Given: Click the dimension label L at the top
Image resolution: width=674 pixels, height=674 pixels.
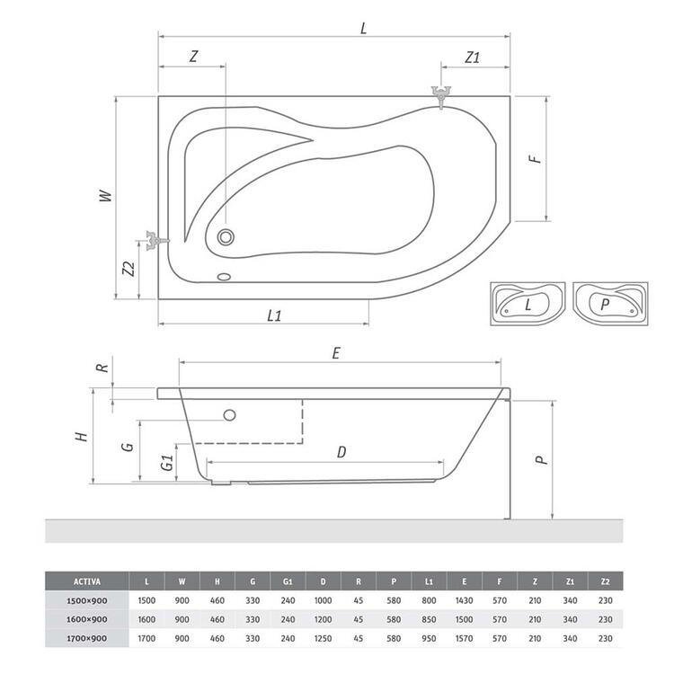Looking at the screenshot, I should click(363, 28).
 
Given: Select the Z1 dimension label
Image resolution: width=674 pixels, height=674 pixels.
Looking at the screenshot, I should click(473, 57).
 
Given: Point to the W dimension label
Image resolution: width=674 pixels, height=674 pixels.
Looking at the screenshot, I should click(104, 195).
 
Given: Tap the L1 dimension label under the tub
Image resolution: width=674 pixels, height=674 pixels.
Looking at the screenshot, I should click(275, 315).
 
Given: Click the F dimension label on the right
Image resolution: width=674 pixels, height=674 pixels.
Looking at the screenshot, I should click(534, 158).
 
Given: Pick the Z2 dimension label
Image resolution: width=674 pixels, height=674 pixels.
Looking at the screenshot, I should click(129, 269).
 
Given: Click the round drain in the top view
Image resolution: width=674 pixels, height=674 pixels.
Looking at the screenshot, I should click(226, 237).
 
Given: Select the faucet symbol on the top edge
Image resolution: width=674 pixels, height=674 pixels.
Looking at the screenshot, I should click(440, 94).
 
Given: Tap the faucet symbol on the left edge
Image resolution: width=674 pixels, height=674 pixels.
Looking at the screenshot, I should click(154, 240).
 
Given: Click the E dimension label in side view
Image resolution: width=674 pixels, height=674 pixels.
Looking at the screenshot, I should click(335, 353).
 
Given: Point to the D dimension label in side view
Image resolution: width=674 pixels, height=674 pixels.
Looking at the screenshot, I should click(341, 452).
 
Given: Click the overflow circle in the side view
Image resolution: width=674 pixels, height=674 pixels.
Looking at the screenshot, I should click(229, 415).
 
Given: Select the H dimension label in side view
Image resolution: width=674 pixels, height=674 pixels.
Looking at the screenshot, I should click(81, 436).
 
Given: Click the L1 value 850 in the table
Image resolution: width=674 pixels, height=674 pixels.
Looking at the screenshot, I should click(430, 619).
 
